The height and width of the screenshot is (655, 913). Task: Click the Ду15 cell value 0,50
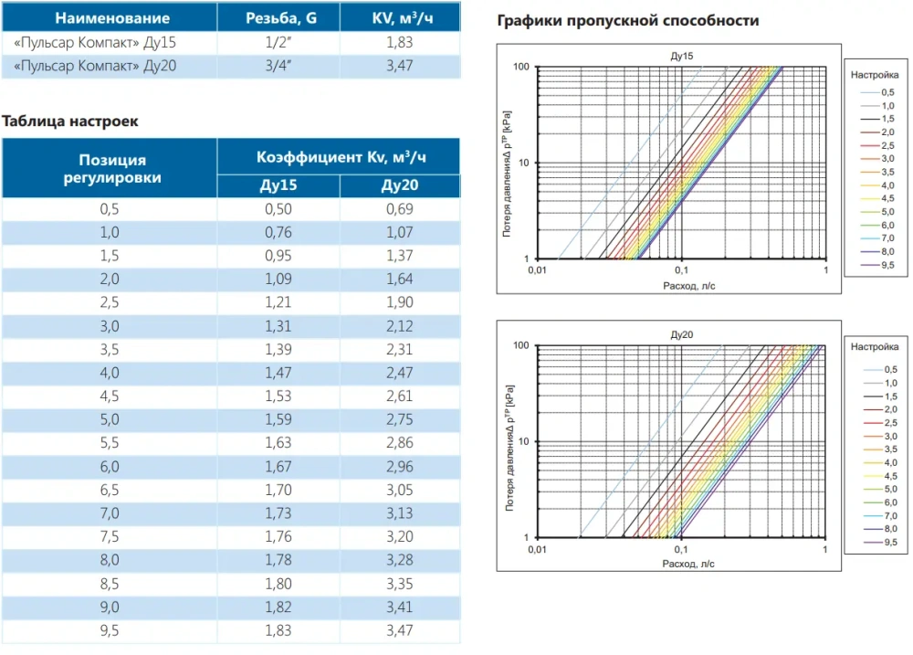[278, 209]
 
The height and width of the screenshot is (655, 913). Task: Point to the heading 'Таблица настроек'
[70, 121]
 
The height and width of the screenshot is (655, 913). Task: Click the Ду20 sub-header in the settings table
[400, 186]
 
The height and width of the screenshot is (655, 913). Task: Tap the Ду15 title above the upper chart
[681, 57]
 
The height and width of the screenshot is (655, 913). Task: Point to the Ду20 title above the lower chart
[681, 335]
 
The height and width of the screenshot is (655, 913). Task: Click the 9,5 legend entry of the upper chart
[887, 266]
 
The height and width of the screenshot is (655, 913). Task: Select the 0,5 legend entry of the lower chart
[887, 367]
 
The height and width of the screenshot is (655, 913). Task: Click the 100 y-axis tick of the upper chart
[521, 67]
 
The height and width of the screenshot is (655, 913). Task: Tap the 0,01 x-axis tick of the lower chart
[535, 550]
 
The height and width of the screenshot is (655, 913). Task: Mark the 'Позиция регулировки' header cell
[110, 169]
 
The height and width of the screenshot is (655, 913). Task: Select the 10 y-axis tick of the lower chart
[524, 441]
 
